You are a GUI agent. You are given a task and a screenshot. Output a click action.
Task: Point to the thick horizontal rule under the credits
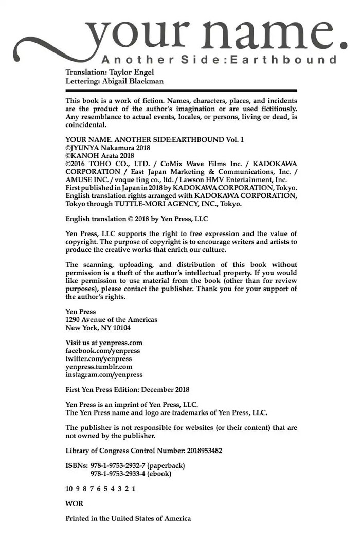pos(182,91)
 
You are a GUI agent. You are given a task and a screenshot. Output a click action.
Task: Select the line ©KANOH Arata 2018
pos(100,155)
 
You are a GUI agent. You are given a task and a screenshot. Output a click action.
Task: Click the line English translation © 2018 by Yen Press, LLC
pos(137,219)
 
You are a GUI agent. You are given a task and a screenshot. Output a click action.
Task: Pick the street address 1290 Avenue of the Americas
pos(112,320)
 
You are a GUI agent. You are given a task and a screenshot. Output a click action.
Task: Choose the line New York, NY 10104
pos(98,328)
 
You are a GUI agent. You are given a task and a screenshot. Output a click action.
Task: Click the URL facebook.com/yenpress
pos(103,351)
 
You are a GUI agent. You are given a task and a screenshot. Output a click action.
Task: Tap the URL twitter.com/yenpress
pos(99,359)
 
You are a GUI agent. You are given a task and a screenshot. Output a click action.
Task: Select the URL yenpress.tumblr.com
pos(99,367)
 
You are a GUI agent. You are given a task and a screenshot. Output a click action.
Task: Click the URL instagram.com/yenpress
pos(104,375)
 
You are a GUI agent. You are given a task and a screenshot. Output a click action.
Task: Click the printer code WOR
pos(74,503)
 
